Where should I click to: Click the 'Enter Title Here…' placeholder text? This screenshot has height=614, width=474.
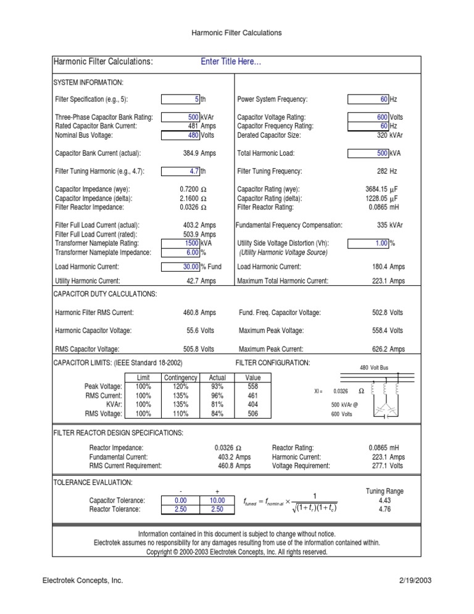tap(231, 62)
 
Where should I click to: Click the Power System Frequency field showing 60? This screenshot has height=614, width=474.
tap(368, 99)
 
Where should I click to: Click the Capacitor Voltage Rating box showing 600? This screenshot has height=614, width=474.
tap(368, 117)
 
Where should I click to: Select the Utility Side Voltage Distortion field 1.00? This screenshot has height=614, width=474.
tap(368, 243)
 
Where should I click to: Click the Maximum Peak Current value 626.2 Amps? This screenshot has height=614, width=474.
tap(388, 349)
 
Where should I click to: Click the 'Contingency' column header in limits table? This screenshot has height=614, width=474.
tap(180, 377)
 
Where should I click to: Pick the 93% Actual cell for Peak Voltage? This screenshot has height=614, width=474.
tap(217, 386)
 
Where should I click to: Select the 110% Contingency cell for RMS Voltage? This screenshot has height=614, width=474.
tap(180, 414)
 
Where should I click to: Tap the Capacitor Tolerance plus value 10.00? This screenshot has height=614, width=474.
tap(217, 500)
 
